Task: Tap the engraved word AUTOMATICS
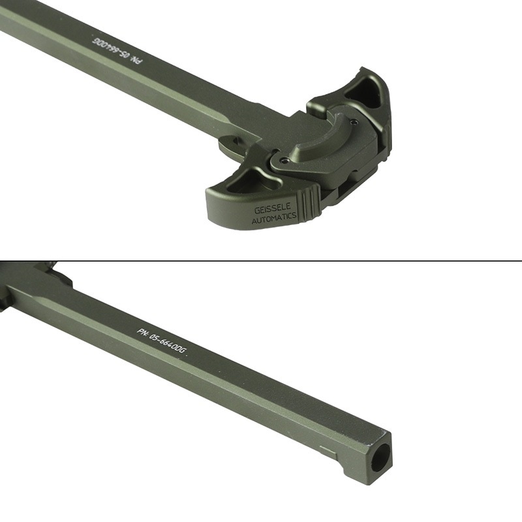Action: [274, 219]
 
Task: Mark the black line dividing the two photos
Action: [261, 261]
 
